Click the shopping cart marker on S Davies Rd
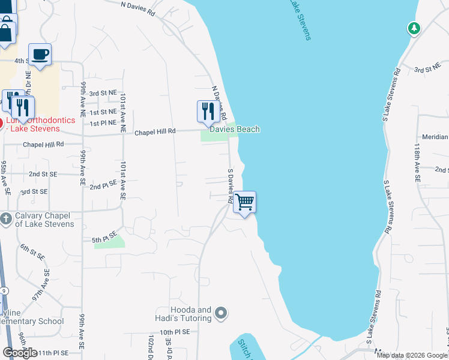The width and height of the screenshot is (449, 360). [244, 202]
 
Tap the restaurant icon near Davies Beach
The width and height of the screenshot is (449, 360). [206, 111]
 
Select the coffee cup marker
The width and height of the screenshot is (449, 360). [40, 55]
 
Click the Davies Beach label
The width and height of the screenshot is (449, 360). [234, 129]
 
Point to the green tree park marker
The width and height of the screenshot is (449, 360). [413, 28]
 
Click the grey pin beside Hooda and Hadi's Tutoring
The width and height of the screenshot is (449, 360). [221, 313]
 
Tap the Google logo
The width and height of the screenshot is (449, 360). [20, 353]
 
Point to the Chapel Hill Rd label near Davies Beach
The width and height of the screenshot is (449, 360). [155, 131]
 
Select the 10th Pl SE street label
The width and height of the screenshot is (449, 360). [174, 331]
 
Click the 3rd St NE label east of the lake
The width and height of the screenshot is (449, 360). [427, 70]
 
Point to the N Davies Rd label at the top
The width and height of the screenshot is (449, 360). [137, 8]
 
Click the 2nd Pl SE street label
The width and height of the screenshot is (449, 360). [103, 187]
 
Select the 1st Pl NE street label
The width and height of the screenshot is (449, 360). [103, 123]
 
